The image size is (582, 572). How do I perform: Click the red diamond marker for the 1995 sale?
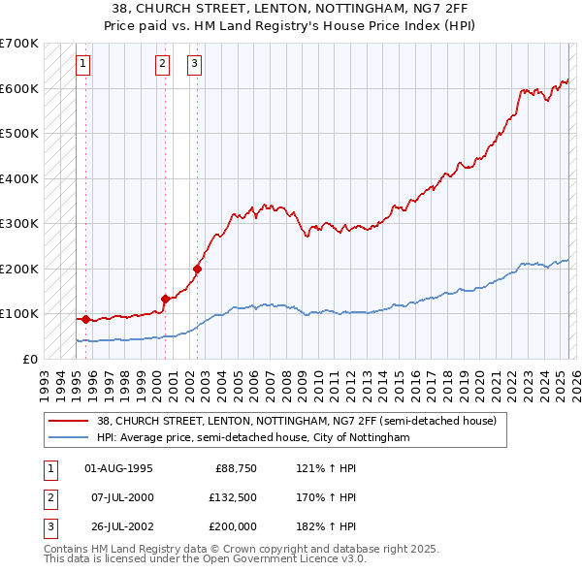(x=85, y=319)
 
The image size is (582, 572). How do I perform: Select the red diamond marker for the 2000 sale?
(x=165, y=299)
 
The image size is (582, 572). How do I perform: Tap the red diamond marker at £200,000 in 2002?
(x=197, y=269)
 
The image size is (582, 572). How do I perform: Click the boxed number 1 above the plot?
(x=83, y=65)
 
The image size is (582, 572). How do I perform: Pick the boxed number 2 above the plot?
(x=162, y=65)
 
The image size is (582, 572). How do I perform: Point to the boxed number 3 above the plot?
(x=194, y=65)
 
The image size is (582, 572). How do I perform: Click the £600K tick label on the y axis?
(x=19, y=88)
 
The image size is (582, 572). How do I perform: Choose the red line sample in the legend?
(x=69, y=421)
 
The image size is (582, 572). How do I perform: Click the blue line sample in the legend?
(x=69, y=438)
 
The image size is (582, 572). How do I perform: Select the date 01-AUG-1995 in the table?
(x=118, y=468)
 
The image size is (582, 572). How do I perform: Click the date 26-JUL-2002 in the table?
(x=118, y=527)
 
